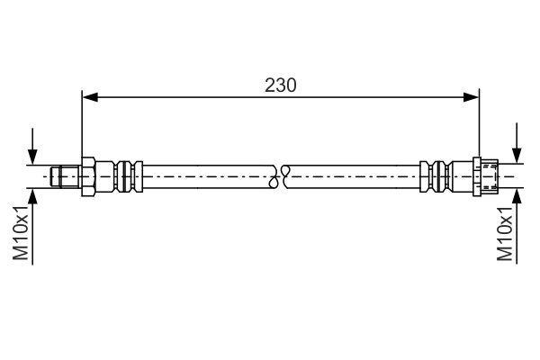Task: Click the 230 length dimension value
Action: pyautogui.click(x=281, y=85)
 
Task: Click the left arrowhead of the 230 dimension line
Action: pyautogui.click(x=88, y=96)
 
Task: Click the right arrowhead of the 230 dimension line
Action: pyautogui.click(x=471, y=96)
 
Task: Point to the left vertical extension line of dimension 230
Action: pyautogui.click(x=82, y=126)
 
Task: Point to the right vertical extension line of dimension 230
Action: pyautogui.click(x=477, y=126)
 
